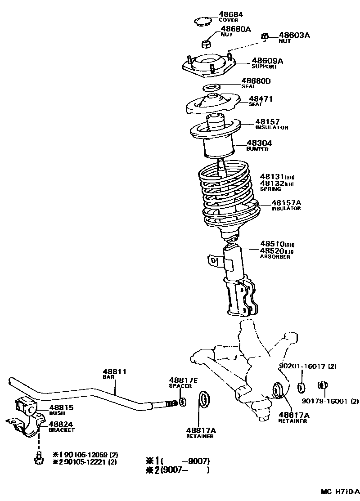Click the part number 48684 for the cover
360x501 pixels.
pyautogui.click(x=231, y=14)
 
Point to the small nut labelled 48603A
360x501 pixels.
pyautogui.click(x=265, y=37)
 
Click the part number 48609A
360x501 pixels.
pyautogui.click(x=267, y=61)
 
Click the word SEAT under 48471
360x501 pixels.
pyautogui.click(x=256, y=104)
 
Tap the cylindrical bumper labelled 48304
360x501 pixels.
pyautogui.click(x=219, y=147)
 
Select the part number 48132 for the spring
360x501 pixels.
pyautogui.click(x=272, y=183)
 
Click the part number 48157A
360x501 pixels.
pyautogui.click(x=286, y=203)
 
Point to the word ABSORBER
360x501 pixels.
pyautogui.click(x=275, y=256)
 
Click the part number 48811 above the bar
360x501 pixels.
pyautogui.click(x=114, y=371)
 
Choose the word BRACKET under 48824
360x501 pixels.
pyautogui.click(x=62, y=430)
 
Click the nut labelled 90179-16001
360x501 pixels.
pyautogui.click(x=322, y=385)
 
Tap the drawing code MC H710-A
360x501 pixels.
pyautogui.click(x=340, y=491)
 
